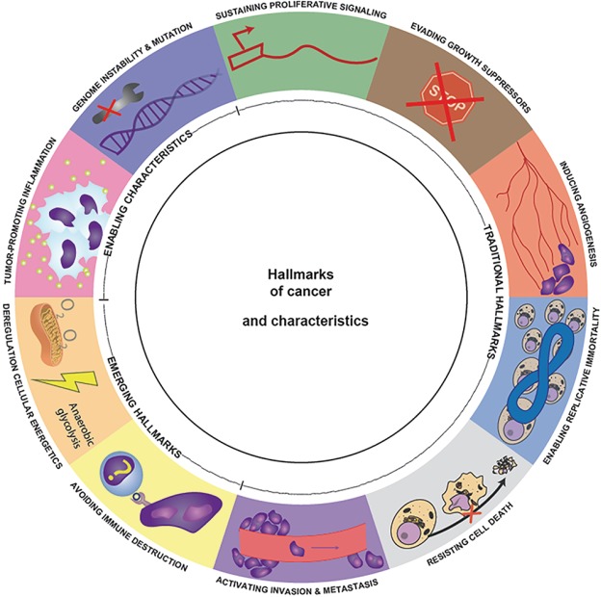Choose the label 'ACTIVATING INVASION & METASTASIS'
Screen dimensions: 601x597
tap(300, 584)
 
